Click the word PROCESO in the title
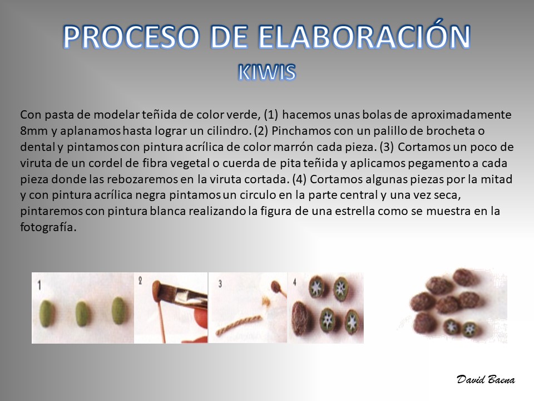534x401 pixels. pos(131,37)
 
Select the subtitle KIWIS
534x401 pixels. pos(267,72)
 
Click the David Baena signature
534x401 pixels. pos(486,379)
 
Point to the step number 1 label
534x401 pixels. pos(40,285)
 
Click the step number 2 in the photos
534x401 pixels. pos(140,281)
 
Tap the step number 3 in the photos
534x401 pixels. pos(220,283)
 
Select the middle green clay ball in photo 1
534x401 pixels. pos(82,313)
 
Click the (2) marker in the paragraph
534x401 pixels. pos(261,131)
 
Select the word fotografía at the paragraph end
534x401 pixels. pos(48,227)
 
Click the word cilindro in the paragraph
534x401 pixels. pos(229,131)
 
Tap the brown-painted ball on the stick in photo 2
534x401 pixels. pos(156,286)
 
